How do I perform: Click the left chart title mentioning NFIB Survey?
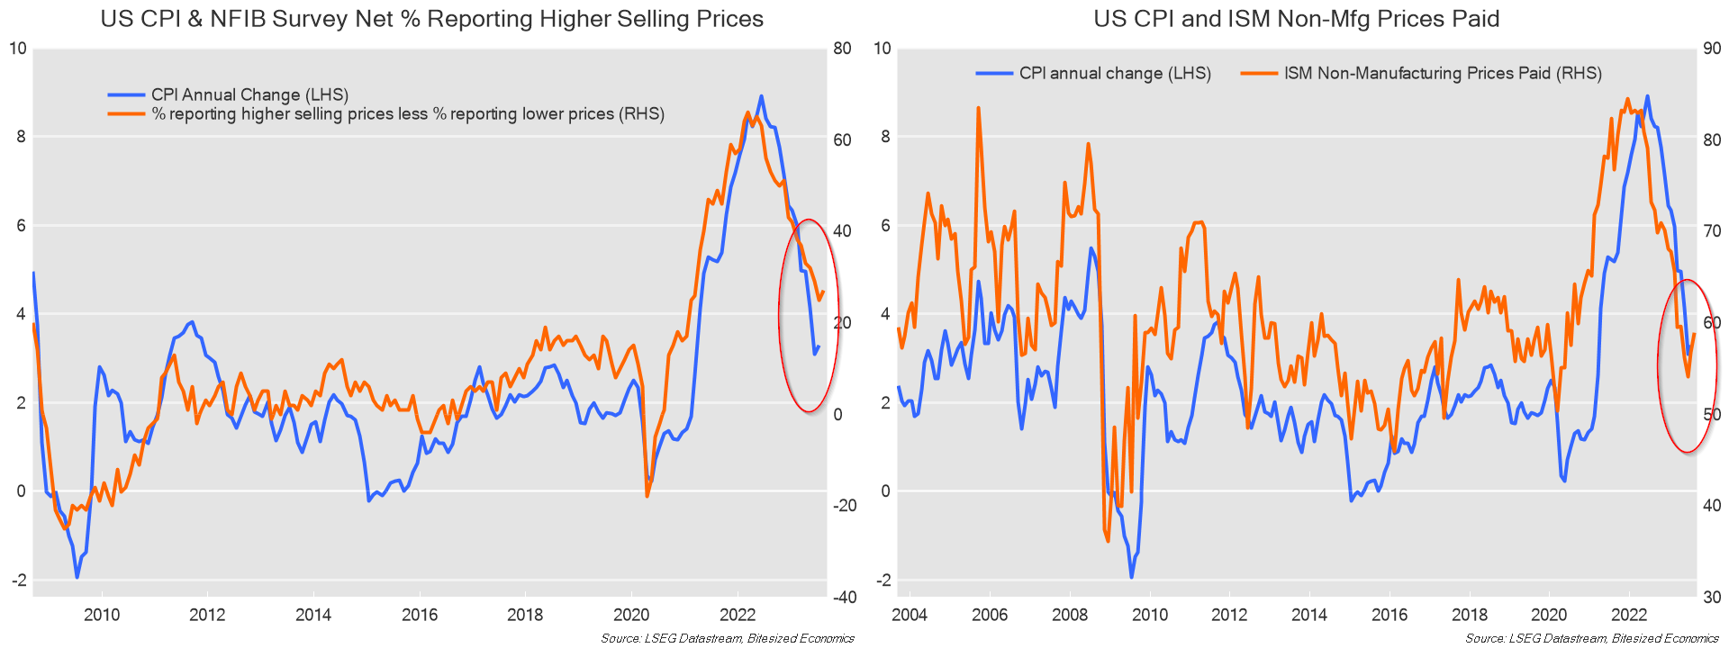click(431, 19)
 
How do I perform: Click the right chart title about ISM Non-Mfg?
click(1296, 19)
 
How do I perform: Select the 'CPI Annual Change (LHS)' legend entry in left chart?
click(249, 94)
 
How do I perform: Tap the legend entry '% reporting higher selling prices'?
click(407, 114)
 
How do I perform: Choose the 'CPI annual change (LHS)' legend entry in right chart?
click(1114, 74)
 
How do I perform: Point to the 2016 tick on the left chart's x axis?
click(419, 616)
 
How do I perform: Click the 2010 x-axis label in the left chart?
click(102, 616)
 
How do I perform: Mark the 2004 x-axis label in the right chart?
click(910, 616)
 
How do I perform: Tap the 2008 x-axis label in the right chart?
click(1070, 616)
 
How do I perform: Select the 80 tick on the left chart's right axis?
click(842, 49)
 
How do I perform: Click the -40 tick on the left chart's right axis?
click(844, 598)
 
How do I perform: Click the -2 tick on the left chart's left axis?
click(19, 580)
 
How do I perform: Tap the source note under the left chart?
click(728, 639)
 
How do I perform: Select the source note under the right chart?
click(1591, 639)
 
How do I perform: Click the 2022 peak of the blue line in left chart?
click(761, 96)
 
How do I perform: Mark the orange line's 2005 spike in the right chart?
click(978, 108)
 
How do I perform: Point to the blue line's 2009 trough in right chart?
click(1131, 577)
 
